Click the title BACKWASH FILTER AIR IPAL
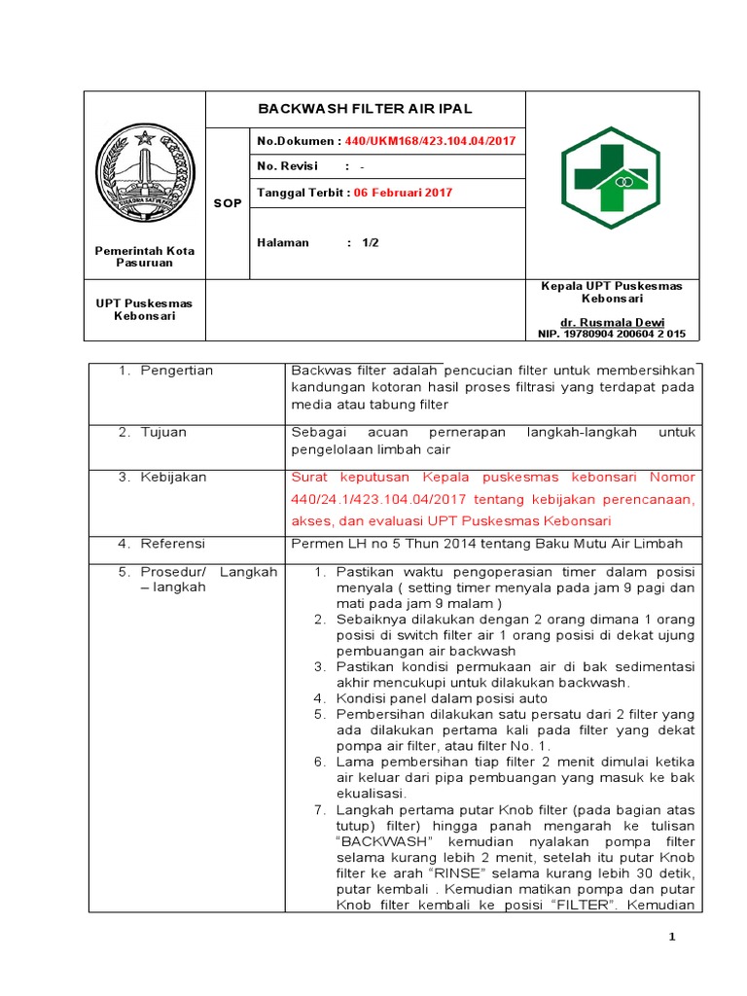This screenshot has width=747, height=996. pyautogui.click(x=364, y=108)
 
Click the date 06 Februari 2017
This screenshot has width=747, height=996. pyautogui.click(x=403, y=193)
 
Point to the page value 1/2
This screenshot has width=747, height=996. pyautogui.click(x=370, y=243)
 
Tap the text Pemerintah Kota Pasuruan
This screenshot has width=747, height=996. pyautogui.click(x=144, y=257)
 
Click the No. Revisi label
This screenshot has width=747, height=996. pyautogui.click(x=288, y=166)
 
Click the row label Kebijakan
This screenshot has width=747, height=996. pyautogui.click(x=173, y=478)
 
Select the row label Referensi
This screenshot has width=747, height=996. pyautogui.click(x=172, y=543)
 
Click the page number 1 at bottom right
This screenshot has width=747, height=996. pyautogui.click(x=671, y=937)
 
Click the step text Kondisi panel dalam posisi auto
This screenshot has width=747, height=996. pyautogui.click(x=443, y=698)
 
